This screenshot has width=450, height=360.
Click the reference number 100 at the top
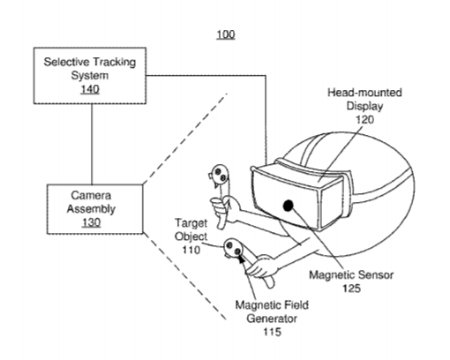[226, 34]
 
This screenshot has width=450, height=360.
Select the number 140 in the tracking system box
[90, 89]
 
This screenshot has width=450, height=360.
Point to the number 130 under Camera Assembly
[91, 222]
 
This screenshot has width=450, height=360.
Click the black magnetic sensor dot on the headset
[289, 206]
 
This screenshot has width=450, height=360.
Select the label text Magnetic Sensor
[351, 275]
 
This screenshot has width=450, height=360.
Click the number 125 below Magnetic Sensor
[351, 289]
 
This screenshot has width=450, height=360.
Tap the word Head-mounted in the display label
[364, 93]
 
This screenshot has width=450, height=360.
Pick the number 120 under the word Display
[364, 120]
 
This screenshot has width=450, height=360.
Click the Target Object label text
[191, 229]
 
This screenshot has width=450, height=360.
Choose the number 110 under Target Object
[191, 250]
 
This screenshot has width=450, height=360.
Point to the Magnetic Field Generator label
[272, 311]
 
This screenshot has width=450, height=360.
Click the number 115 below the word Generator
[272, 332]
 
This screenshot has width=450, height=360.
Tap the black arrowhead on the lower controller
[242, 259]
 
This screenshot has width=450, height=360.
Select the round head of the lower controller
[233, 248]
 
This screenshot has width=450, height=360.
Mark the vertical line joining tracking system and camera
[92, 144]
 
